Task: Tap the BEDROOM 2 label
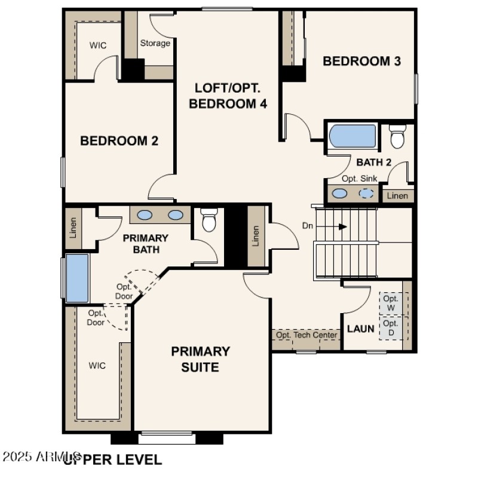[x=119, y=141]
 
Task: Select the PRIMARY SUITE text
[x=200, y=358]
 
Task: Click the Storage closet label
[x=155, y=43]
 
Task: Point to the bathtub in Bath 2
[x=353, y=136]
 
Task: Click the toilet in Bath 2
[x=397, y=137]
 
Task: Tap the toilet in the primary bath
[x=208, y=220]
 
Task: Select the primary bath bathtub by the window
[x=77, y=278]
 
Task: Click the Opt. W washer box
[x=391, y=303]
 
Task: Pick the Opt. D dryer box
[x=391, y=328]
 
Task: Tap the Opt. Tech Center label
[x=307, y=335]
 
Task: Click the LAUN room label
[x=361, y=329]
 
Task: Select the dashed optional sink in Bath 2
[x=366, y=194]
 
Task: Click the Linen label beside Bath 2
[x=397, y=195]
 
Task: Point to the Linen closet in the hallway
[x=256, y=235]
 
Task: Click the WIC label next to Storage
[x=98, y=45]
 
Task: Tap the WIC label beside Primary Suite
[x=97, y=366]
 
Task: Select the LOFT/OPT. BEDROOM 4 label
[x=228, y=96]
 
